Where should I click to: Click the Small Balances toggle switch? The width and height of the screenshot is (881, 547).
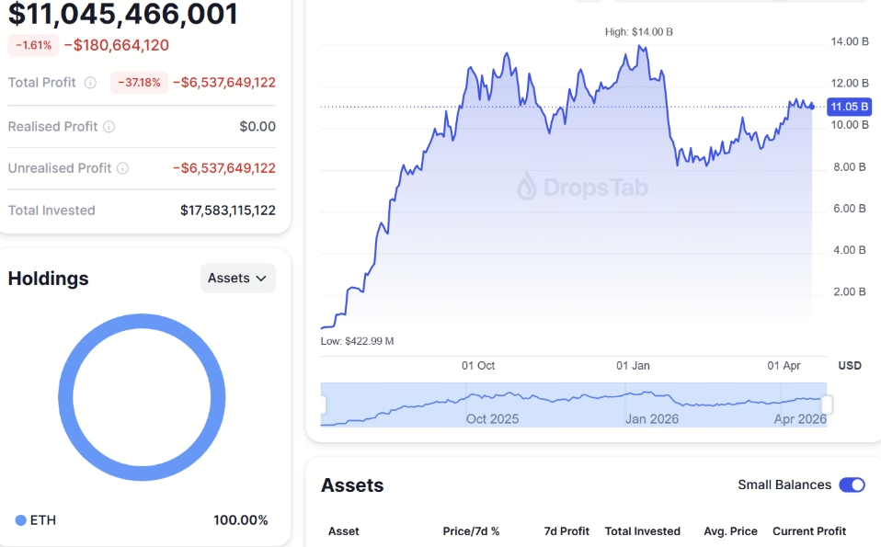pyautogui.click(x=852, y=484)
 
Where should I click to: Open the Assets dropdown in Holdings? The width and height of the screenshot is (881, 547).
pyautogui.click(x=237, y=278)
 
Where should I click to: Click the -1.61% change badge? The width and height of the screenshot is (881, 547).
pyautogui.click(x=33, y=45)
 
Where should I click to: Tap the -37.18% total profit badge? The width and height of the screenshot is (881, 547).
pyautogui.click(x=139, y=83)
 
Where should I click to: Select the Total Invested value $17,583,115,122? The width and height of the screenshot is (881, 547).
pyautogui.click(x=228, y=211)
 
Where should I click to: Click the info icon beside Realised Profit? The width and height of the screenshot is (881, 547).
pyautogui.click(x=109, y=127)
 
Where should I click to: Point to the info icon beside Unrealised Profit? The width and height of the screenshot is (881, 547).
pyautogui.click(x=122, y=168)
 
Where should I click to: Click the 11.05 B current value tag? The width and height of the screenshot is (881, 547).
pyautogui.click(x=849, y=107)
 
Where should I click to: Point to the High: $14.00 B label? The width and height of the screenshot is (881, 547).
pyautogui.click(x=639, y=32)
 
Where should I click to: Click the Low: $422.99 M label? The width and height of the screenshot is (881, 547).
pyautogui.click(x=357, y=341)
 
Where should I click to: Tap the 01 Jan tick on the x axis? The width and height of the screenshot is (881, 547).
pyautogui.click(x=633, y=366)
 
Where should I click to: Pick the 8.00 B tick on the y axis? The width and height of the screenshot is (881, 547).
pyautogui.click(x=849, y=167)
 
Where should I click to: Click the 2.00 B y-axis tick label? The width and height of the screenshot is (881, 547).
pyautogui.click(x=849, y=292)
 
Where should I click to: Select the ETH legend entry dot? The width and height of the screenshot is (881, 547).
pyautogui.click(x=20, y=520)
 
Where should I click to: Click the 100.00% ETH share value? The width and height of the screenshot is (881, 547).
pyautogui.click(x=241, y=520)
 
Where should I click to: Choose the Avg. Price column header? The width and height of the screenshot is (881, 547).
pyautogui.click(x=731, y=531)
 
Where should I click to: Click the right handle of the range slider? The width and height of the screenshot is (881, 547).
pyautogui.click(x=827, y=405)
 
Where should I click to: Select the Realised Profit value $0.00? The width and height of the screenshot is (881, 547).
pyautogui.click(x=257, y=127)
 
